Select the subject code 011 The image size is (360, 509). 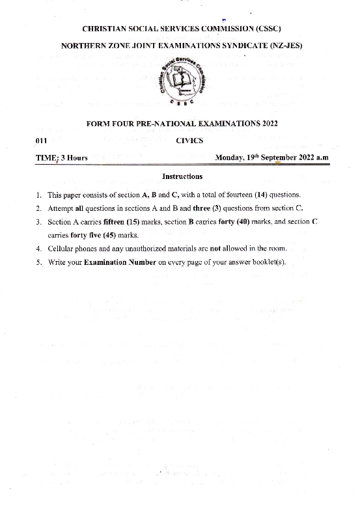tap(40, 140)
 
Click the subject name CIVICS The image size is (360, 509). tap(189, 140)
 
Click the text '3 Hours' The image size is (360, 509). tap(74, 158)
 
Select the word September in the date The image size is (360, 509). tap(283, 158)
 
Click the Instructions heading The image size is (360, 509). tap(182, 176)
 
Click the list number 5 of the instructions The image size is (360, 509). tap(39, 262)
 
